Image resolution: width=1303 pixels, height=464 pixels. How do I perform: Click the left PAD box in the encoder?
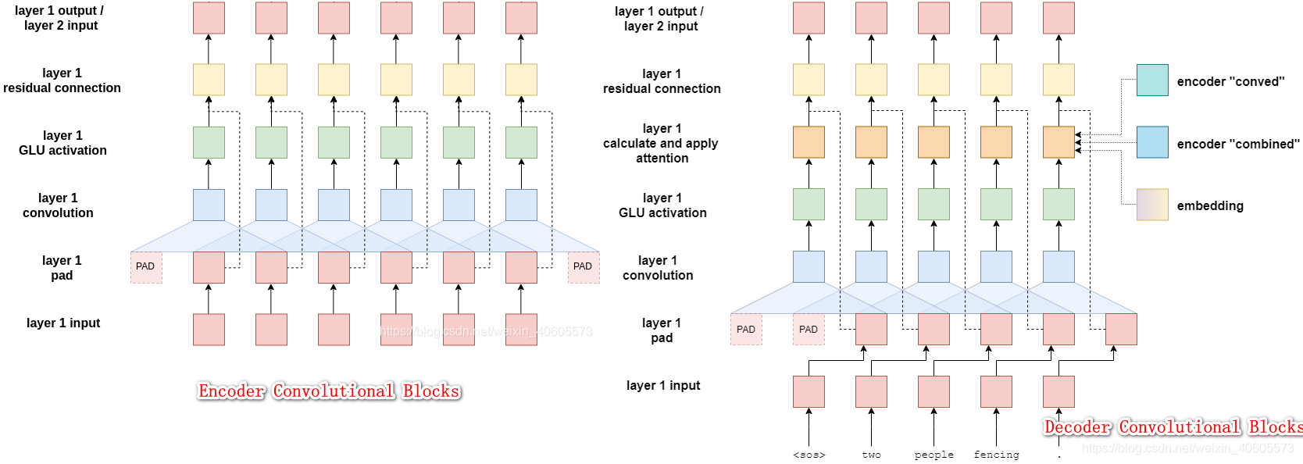coord(146,267)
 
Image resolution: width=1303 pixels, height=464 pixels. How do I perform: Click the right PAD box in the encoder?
coord(584,267)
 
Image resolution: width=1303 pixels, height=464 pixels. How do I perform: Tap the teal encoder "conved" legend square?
coord(1152,80)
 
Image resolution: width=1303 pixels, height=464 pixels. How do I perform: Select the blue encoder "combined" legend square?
coord(1152,142)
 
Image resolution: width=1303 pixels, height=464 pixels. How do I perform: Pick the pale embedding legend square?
coord(1152,205)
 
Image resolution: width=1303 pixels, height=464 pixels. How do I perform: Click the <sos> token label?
coord(809,455)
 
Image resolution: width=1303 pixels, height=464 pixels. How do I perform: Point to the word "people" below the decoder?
coord(934,455)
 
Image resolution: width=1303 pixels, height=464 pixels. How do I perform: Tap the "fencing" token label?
coord(996,455)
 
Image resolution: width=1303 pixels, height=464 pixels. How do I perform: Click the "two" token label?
coord(871,455)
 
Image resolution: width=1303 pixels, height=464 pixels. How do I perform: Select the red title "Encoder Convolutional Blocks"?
coord(329,391)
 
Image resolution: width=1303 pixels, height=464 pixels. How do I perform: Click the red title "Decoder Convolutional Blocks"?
coord(1173,427)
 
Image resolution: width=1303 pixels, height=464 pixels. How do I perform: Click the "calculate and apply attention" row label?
coord(661,143)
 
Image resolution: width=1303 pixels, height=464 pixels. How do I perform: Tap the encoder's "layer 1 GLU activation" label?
coord(62,143)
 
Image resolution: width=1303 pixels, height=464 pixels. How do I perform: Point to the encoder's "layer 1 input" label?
coord(63,323)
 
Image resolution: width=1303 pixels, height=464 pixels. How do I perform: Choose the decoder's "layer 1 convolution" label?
coord(658,268)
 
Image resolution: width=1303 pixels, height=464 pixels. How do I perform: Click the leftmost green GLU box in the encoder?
coord(209,142)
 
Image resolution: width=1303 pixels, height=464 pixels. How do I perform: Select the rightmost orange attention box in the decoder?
coord(1058,142)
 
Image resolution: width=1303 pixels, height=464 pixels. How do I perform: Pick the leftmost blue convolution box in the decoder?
coord(809,267)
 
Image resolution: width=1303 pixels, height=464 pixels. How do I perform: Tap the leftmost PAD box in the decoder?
coord(746,330)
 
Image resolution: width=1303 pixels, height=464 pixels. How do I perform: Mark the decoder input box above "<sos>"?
coord(809,391)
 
